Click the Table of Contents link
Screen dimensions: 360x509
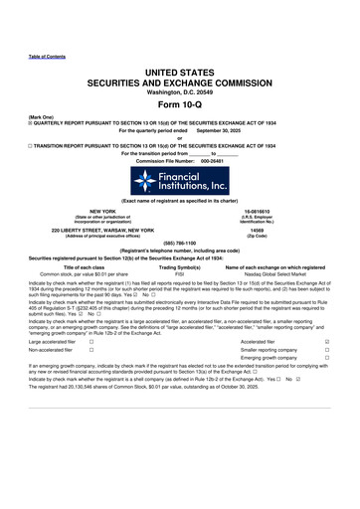[x=46, y=56]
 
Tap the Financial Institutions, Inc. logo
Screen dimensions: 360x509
[x=180, y=179]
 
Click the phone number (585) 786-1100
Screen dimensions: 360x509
[x=179, y=243]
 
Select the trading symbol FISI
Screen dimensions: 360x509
[x=180, y=272]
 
